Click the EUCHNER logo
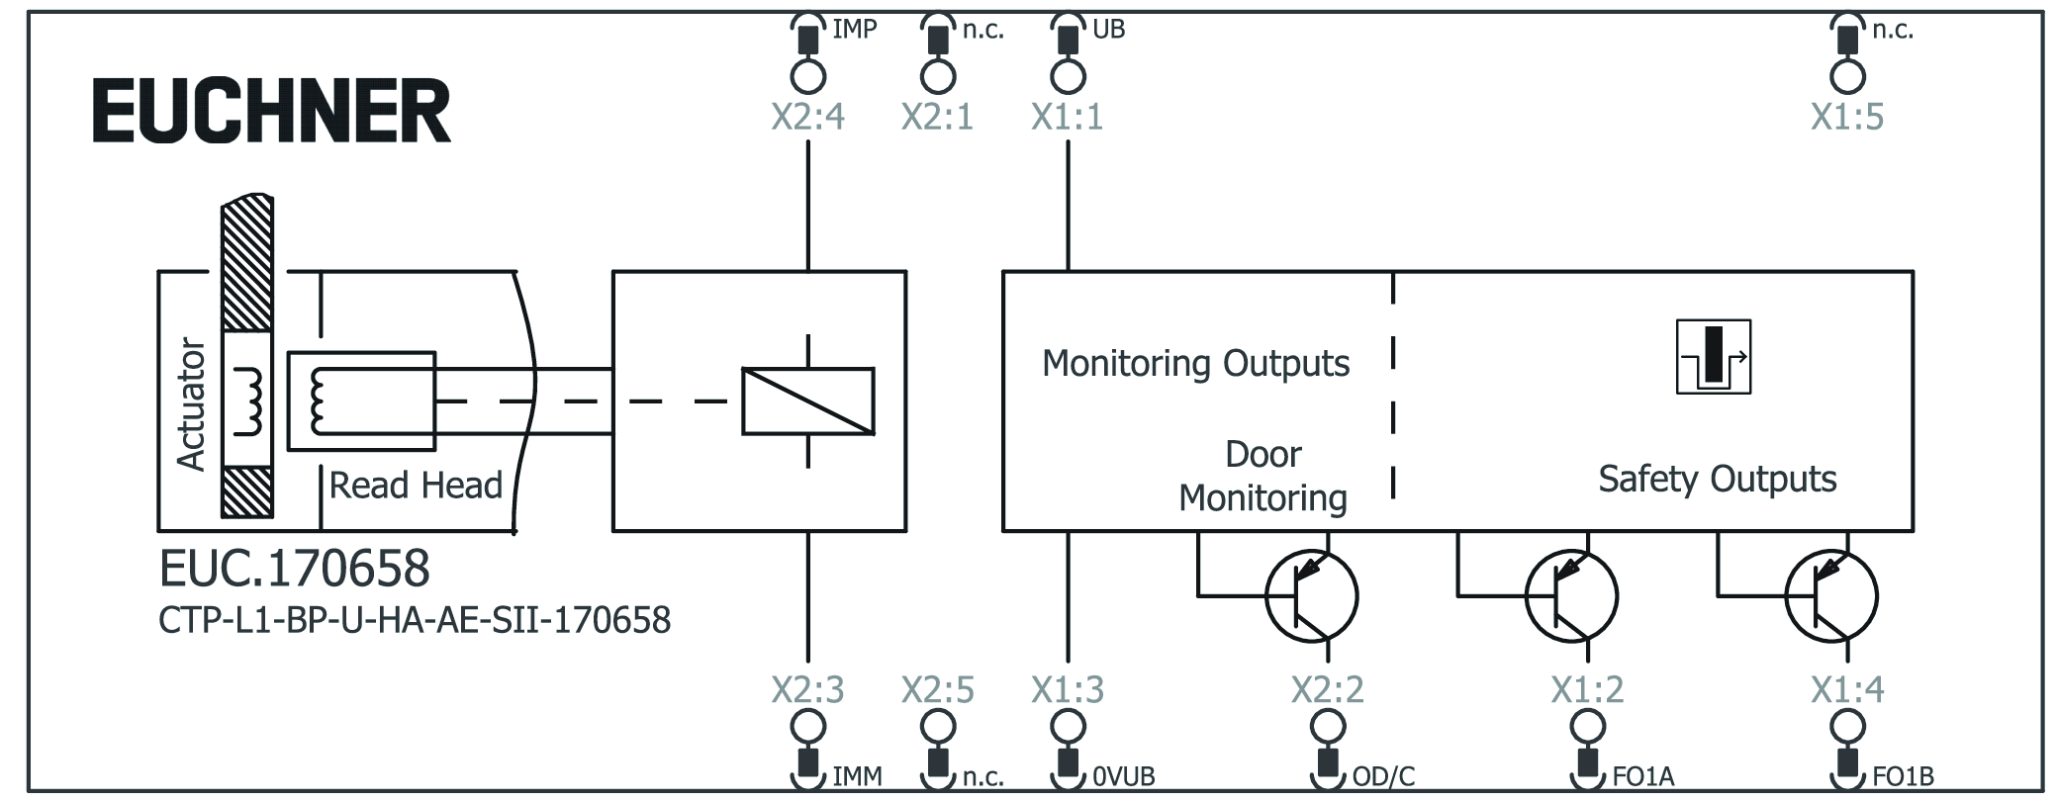[271, 112]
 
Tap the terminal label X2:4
[807, 118]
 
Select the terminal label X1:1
[1067, 118]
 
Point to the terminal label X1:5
[1846, 118]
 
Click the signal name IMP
[854, 30]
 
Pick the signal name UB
[1108, 30]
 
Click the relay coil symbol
[807, 401]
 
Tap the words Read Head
[416, 486]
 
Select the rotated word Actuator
[190, 403]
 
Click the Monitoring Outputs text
[1195, 364]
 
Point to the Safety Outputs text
[1717, 480]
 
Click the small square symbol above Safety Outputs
[1713, 357]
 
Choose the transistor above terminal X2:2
[1311, 596]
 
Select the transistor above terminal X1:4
[1830, 596]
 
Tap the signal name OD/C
[1382, 777]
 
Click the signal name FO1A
[1642, 777]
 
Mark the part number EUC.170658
[294, 569]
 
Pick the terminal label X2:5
[937, 689]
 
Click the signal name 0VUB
[1123, 777]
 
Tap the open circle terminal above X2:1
[937, 76]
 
